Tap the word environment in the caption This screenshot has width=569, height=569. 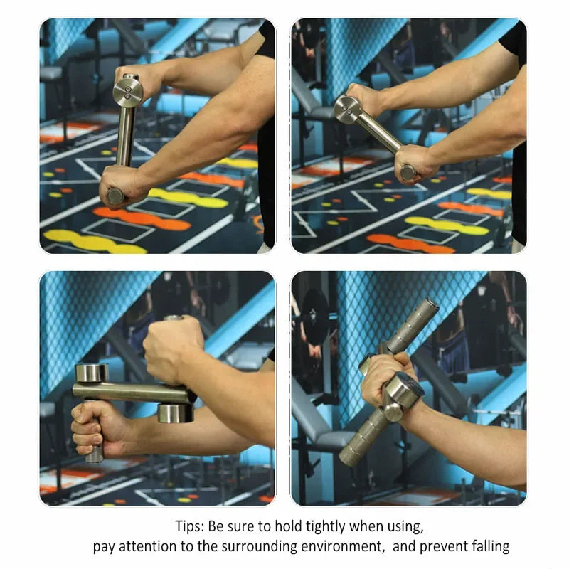[342, 546]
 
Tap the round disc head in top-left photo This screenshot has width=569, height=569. [127, 92]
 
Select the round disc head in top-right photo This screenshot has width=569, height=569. [348, 110]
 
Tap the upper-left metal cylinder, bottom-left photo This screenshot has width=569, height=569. [91, 373]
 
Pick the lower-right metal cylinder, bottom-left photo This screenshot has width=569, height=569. [175, 413]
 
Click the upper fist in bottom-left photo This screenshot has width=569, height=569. [174, 349]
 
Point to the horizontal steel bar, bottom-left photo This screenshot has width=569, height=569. [134, 393]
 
